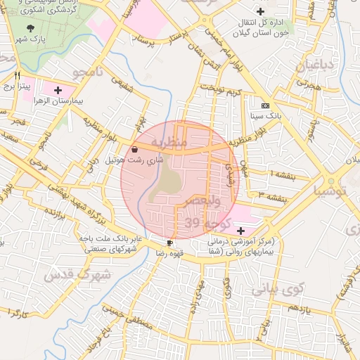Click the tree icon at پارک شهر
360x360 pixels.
point(30,27)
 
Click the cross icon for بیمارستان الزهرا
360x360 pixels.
point(58,90)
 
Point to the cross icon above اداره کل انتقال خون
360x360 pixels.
point(261,11)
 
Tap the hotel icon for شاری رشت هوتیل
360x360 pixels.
point(134,149)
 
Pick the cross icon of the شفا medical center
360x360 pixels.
point(241,231)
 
